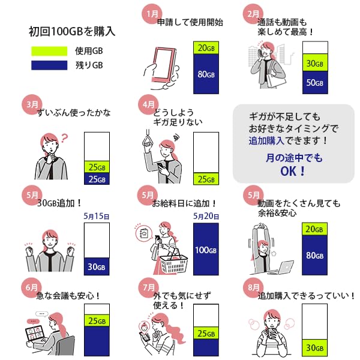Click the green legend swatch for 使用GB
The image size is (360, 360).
pyautogui.click(x=49, y=50)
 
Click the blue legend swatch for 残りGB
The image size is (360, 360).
pyautogui.click(x=49, y=65)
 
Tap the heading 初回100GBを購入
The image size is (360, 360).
pyautogui.click(x=71, y=31)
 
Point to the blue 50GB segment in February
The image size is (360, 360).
pyautogui.click(x=315, y=82)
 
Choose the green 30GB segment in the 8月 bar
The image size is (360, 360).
pyautogui.click(x=315, y=347)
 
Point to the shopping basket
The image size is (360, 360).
pyautogui.click(x=173, y=260)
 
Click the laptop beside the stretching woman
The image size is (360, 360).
pyautogui.click(x=283, y=267)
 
